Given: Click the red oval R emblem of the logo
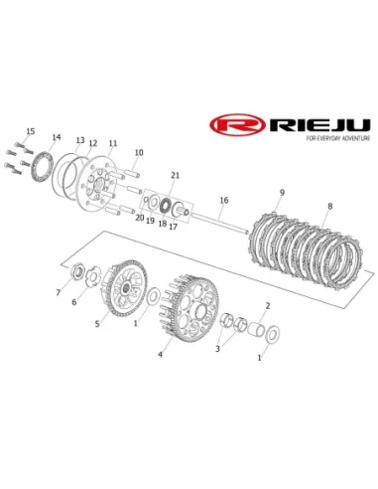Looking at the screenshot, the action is (x=237, y=125).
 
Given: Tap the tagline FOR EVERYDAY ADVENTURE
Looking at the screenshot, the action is (x=338, y=138).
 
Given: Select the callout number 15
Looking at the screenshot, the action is (x=31, y=131).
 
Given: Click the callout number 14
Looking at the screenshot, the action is (x=57, y=137).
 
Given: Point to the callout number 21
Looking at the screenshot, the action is (x=175, y=175).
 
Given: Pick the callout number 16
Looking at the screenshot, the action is (x=224, y=200).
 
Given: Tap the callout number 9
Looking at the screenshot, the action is (x=282, y=192).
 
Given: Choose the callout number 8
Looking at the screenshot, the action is (x=330, y=206).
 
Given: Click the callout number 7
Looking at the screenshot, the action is (x=59, y=292).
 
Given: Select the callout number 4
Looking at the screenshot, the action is (x=160, y=355).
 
